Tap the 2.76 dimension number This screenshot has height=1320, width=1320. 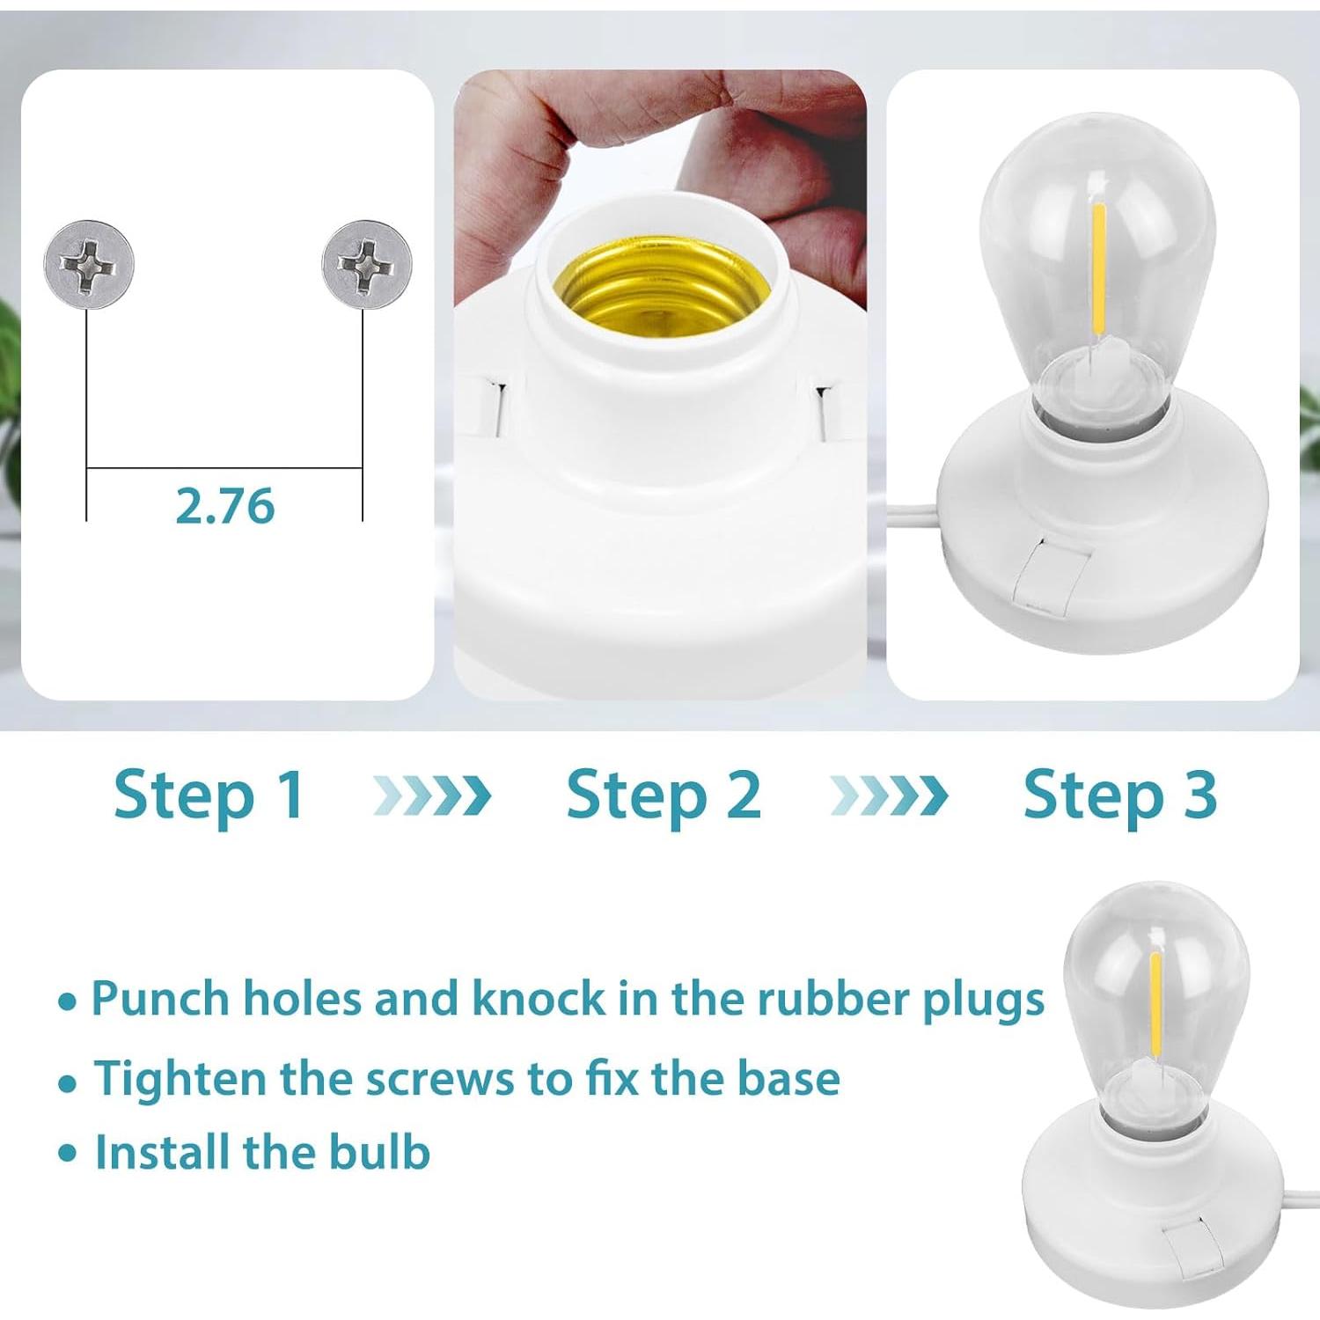225,506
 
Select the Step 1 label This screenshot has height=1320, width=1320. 209,796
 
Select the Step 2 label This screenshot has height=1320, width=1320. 664,796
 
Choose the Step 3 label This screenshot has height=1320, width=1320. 1119,796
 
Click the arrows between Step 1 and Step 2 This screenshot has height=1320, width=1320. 432,796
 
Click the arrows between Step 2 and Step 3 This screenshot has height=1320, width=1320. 889,796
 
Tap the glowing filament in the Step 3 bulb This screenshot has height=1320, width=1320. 1099,264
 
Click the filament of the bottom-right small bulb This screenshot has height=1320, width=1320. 1155,1003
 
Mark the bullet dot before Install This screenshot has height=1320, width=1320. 68,1153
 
